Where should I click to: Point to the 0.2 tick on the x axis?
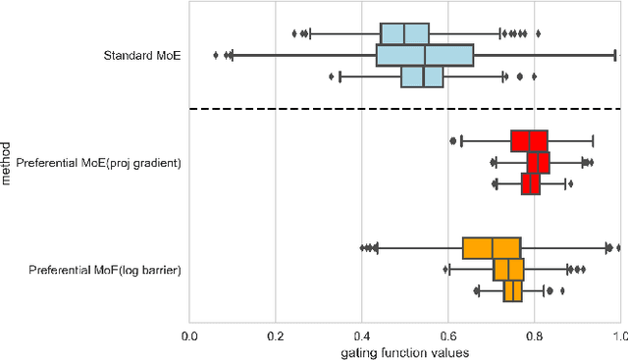(276, 335)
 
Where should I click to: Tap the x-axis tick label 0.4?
(362, 335)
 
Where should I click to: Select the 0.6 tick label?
(448, 335)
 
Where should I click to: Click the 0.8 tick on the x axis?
(535, 335)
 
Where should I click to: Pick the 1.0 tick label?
(618, 335)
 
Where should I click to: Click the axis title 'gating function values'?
(404, 351)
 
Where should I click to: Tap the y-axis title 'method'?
(8, 162)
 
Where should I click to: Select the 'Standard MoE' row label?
(142, 55)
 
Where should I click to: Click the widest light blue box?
(425, 55)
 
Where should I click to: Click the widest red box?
(529, 140)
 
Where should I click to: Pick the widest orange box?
(492, 247)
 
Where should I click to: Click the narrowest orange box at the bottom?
(512, 290)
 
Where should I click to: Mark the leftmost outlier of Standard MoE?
(216, 55)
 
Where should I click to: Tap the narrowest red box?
(531, 183)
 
